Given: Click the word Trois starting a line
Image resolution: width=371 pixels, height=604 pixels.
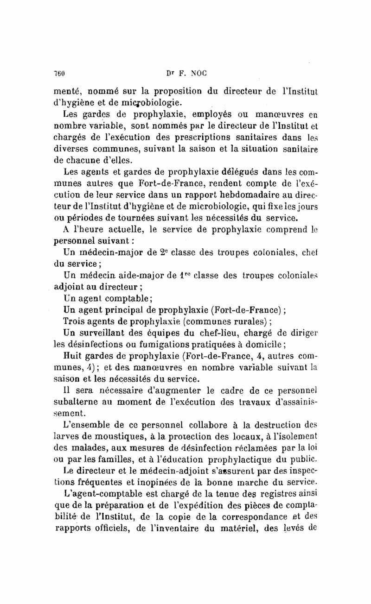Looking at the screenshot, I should [x=74, y=322].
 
